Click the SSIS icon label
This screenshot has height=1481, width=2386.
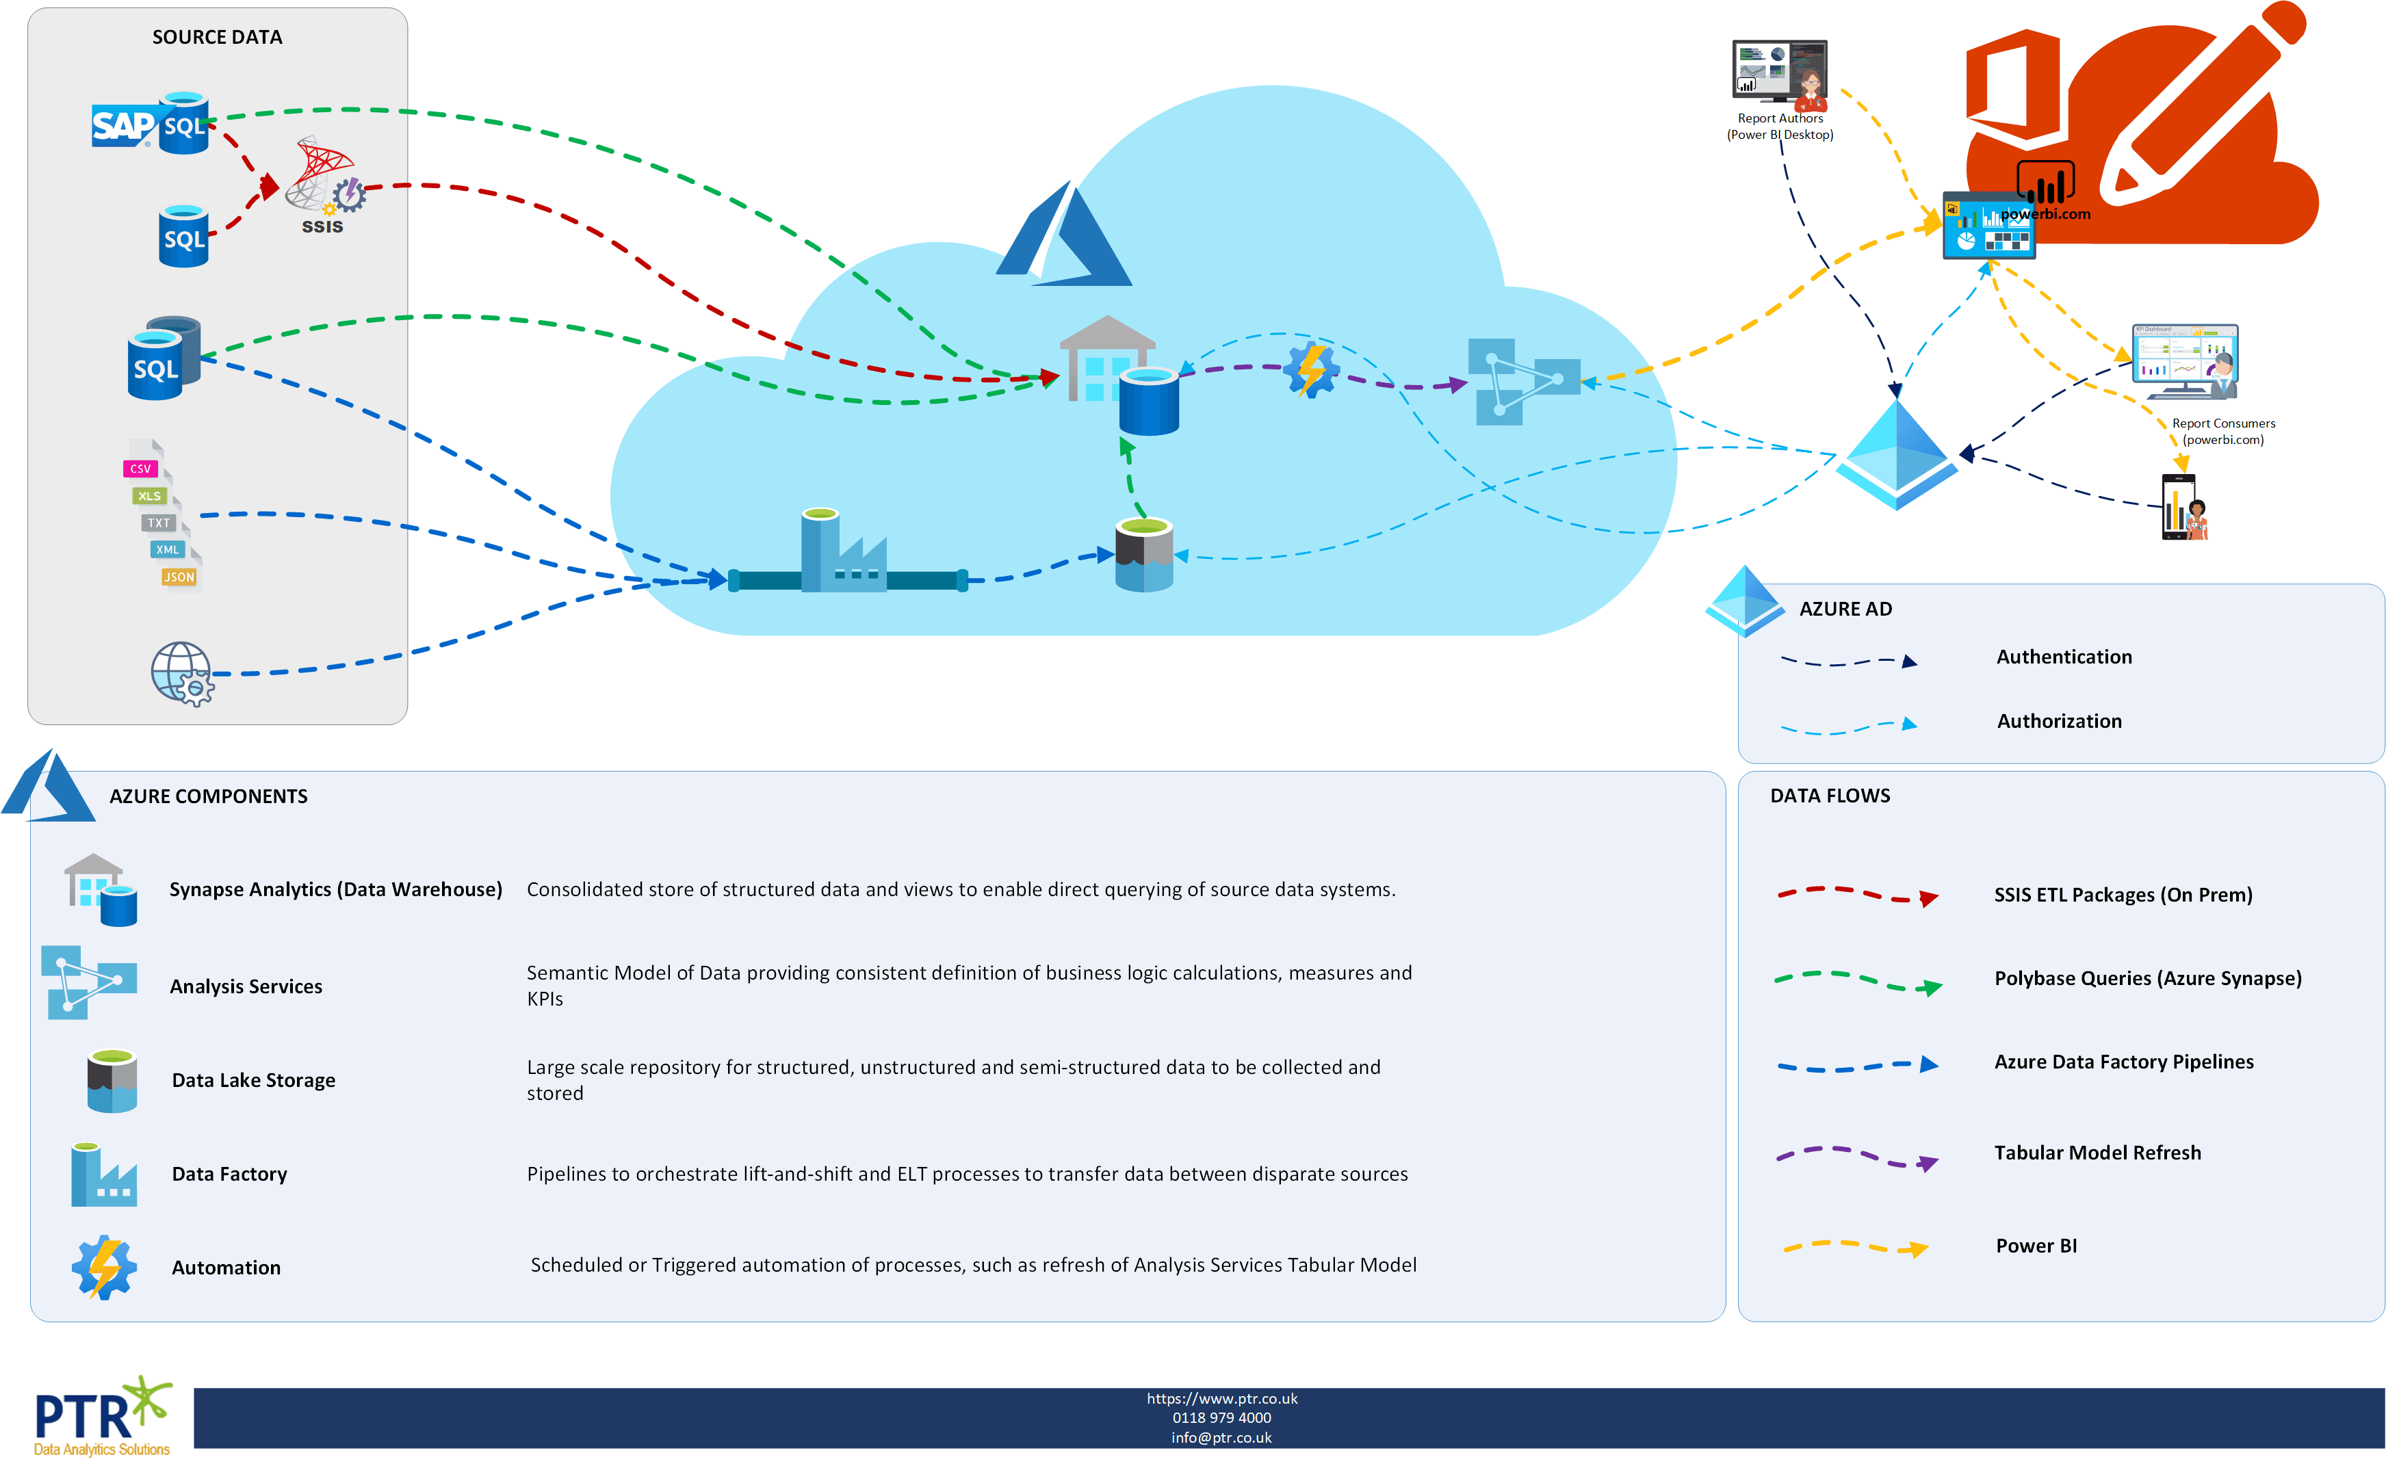point(322,227)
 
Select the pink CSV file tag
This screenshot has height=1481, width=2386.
point(140,469)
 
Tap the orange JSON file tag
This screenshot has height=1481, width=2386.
point(179,577)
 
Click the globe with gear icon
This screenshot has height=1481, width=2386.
point(182,673)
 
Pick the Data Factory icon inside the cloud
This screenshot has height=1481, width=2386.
point(843,553)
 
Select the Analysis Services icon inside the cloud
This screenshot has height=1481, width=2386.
point(1523,381)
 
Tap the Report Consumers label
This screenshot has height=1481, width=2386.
point(2223,431)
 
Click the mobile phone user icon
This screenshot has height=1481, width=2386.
point(2184,508)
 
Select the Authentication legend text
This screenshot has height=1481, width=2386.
point(2064,657)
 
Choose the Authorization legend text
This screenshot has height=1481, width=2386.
point(2059,722)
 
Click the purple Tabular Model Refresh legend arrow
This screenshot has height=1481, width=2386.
point(1856,1156)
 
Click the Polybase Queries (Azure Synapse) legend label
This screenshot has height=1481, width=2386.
point(2147,978)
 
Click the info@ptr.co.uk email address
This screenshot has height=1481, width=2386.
point(1221,1438)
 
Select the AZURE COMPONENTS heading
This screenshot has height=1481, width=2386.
point(207,796)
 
